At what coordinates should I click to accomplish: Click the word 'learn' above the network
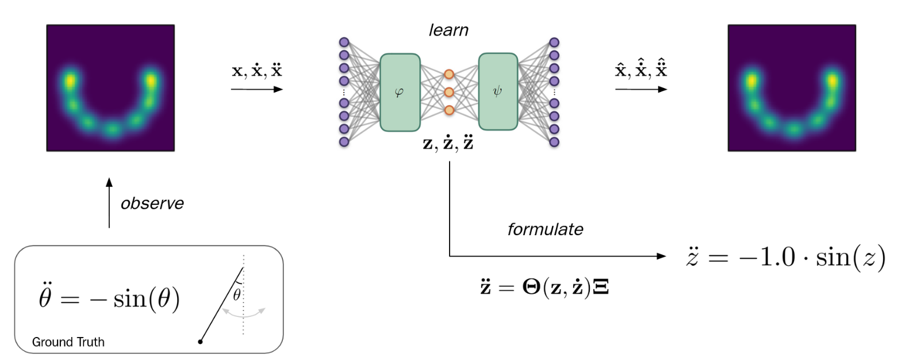click(x=448, y=30)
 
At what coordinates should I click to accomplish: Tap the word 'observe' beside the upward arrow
click(x=152, y=204)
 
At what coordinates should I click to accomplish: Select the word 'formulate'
click(x=545, y=230)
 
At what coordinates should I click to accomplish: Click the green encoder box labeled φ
click(x=400, y=92)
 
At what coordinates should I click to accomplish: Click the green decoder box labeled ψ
click(x=498, y=92)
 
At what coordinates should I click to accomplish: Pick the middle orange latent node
click(x=449, y=92)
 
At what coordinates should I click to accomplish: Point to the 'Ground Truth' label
click(x=68, y=342)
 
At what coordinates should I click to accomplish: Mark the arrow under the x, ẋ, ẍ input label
click(x=256, y=89)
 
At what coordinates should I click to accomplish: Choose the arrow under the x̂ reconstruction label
click(x=641, y=89)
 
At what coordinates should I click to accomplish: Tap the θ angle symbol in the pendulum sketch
click(x=236, y=295)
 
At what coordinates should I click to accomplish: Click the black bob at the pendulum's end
click(x=200, y=342)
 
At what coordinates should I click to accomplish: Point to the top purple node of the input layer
click(x=344, y=42)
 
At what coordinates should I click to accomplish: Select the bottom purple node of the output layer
click(x=554, y=141)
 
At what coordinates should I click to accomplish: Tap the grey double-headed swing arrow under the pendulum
click(x=244, y=312)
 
